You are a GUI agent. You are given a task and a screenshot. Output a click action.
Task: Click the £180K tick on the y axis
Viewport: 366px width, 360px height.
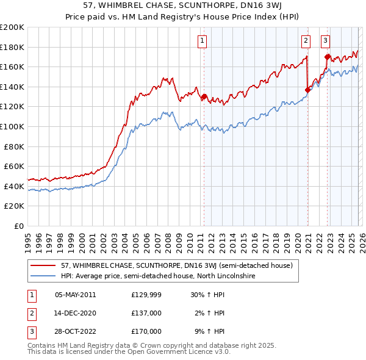click(12, 47)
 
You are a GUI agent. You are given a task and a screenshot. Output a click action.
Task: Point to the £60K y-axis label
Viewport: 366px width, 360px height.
click(14, 166)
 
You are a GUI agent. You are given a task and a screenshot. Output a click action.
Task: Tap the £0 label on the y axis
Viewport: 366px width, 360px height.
click(18, 226)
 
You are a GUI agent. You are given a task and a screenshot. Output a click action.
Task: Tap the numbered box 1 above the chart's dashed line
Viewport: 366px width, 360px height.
click(202, 41)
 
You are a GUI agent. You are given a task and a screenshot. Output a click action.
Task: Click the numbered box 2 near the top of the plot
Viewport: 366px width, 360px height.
click(306, 41)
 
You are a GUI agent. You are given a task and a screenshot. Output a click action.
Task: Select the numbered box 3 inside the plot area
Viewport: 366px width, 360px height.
click(326, 41)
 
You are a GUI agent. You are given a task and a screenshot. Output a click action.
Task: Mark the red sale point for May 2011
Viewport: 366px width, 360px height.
click(204, 96)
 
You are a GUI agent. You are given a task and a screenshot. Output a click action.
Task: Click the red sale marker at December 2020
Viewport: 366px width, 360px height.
click(307, 90)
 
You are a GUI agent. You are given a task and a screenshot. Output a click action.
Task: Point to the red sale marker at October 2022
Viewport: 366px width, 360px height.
click(328, 57)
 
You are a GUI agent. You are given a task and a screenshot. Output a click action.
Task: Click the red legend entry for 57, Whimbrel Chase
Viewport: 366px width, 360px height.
click(177, 266)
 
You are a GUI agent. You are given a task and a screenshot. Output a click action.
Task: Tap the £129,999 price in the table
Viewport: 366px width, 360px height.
click(146, 295)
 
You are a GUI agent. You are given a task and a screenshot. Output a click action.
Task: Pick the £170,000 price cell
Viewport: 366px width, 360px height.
click(146, 331)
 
